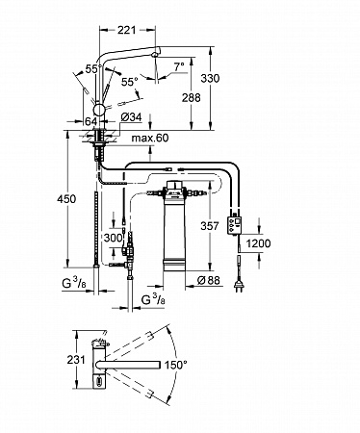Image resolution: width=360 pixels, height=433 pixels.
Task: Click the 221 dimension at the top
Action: tap(126, 30)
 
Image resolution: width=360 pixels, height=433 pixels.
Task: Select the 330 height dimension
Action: tap(210, 78)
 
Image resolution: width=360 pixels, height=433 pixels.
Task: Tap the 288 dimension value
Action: tap(192, 97)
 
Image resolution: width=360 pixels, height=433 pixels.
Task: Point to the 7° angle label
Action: tap(179, 66)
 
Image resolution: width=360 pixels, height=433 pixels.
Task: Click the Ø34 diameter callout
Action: tap(131, 117)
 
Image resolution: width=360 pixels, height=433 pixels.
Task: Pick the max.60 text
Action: tap(150, 138)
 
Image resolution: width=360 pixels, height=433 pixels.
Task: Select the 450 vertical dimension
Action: tap(66, 199)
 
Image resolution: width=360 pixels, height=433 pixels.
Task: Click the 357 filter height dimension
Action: tap(210, 226)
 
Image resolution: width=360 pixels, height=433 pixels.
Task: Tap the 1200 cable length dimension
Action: tap(258, 243)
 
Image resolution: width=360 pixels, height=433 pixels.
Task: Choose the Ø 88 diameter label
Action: tap(209, 280)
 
